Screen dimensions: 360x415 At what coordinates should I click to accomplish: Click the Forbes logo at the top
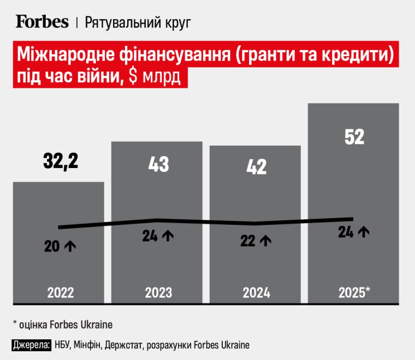click(x=42, y=21)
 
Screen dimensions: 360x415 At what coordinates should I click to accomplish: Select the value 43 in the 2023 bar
click(x=158, y=164)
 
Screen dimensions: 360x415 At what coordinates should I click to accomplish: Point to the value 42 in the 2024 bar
click(x=256, y=167)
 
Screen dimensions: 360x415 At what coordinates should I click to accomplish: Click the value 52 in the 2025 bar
click(x=354, y=136)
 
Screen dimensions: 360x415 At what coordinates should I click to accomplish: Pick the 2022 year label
click(x=61, y=292)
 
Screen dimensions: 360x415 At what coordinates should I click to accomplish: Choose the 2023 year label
click(x=158, y=292)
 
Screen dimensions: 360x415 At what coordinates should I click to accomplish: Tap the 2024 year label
click(x=256, y=292)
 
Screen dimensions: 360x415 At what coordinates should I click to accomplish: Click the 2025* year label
click(x=354, y=292)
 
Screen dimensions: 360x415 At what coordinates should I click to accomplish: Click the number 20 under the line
click(x=52, y=247)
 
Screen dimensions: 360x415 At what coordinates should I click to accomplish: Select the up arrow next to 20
click(x=70, y=247)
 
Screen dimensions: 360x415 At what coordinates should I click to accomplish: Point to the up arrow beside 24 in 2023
click(x=168, y=236)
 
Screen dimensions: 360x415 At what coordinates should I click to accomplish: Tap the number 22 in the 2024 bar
click(x=248, y=241)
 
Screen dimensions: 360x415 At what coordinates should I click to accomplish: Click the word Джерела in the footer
click(x=32, y=345)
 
